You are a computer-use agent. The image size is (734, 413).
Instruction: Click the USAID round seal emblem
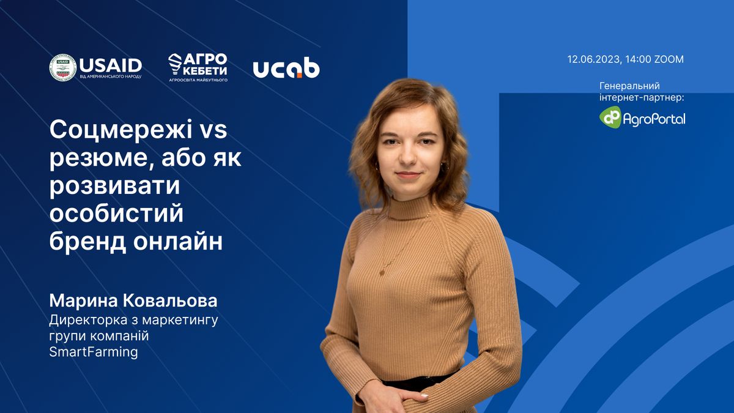(62, 67)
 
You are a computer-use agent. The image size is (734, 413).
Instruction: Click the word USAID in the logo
(111, 65)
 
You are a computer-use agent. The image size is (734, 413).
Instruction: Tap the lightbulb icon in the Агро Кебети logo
(175, 64)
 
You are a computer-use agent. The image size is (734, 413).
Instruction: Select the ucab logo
(286, 67)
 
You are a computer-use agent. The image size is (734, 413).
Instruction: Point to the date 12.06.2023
(593, 59)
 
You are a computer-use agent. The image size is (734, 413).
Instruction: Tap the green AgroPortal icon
(610, 117)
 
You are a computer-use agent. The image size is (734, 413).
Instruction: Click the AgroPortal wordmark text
(654, 118)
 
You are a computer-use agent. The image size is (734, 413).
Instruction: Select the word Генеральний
(629, 86)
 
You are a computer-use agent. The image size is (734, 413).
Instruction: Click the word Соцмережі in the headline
(121, 130)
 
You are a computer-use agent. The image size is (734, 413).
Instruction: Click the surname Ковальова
(170, 300)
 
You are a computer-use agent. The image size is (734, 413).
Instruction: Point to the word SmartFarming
(94, 352)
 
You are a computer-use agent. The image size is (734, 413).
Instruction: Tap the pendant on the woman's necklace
(382, 272)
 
